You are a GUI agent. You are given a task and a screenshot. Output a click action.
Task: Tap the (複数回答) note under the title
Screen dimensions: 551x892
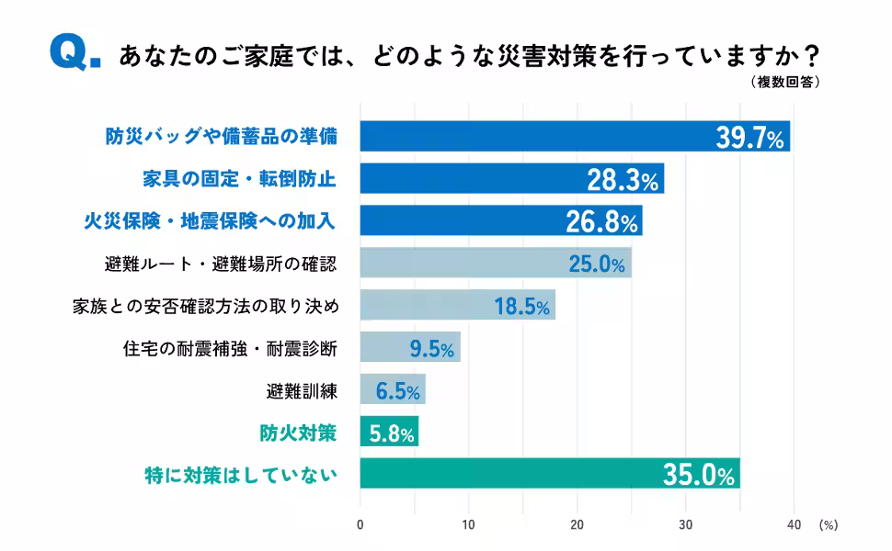click(784, 83)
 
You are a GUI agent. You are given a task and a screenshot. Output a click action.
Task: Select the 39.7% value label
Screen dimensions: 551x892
click(749, 138)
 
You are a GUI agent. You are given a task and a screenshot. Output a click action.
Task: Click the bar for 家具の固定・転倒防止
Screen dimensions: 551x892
click(511, 179)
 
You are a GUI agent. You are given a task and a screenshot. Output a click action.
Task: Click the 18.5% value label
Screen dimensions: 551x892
click(522, 307)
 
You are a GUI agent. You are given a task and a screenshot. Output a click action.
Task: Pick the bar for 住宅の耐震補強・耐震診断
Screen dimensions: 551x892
click(409, 348)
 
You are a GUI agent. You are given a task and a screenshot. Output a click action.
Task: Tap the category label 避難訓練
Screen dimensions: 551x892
click(301, 391)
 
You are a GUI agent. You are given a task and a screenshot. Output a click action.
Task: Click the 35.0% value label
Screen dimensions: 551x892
click(699, 475)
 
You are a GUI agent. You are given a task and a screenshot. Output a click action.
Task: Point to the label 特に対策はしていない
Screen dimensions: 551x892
click(241, 475)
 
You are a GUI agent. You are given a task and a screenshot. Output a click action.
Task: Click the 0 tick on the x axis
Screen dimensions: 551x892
click(360, 525)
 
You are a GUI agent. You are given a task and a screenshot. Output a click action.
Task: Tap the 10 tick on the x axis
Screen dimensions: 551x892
click(468, 525)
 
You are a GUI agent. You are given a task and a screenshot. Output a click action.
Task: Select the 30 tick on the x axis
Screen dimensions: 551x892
click(686, 525)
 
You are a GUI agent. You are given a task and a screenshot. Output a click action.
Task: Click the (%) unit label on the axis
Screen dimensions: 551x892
click(828, 525)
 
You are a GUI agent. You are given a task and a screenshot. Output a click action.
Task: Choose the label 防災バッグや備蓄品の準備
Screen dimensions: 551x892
click(221, 138)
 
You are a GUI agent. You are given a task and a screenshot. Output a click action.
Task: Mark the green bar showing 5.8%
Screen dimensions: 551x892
click(389, 433)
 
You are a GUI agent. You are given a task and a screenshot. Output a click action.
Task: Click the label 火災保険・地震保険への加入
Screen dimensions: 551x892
click(210, 221)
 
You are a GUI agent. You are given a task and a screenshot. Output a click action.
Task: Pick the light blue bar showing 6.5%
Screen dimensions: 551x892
click(393, 390)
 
